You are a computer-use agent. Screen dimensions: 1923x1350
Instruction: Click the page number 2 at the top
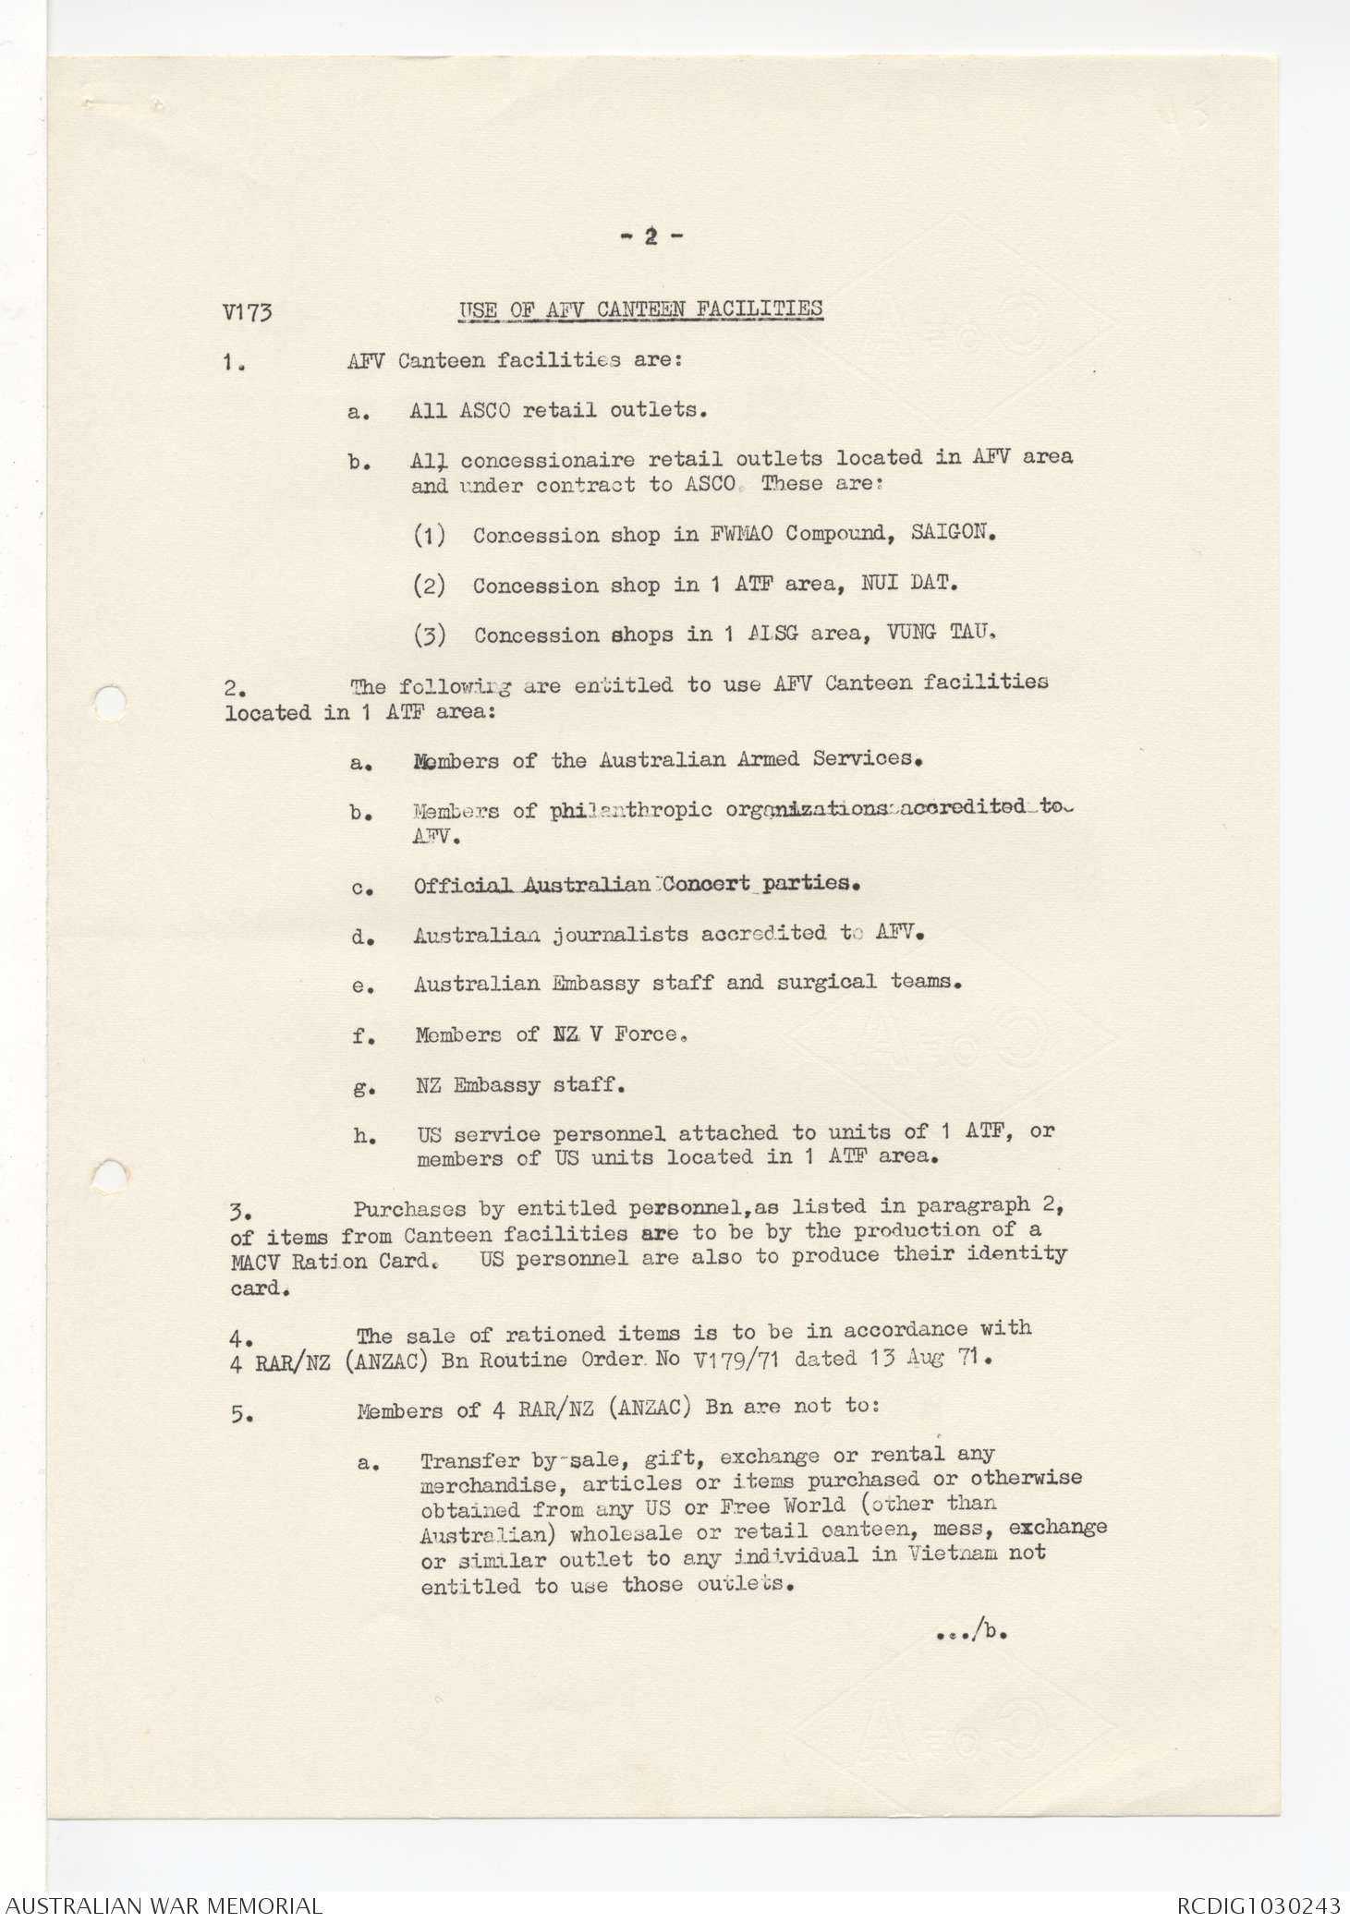pyautogui.click(x=650, y=237)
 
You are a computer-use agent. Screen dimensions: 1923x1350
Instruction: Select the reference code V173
pyautogui.click(x=247, y=312)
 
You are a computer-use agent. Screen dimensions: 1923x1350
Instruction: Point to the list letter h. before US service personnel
pyautogui.click(x=364, y=1136)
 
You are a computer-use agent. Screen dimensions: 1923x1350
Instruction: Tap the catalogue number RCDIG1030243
pyautogui.click(x=1259, y=1905)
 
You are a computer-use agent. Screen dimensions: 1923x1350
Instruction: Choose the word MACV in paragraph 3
pyautogui.click(x=256, y=1262)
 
